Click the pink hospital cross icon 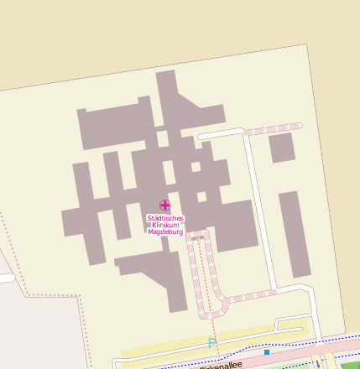164,205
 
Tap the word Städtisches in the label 164,218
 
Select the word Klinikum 164,225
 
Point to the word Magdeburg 164,232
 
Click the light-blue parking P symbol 211,342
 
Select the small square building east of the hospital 281,148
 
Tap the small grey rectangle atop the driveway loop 199,238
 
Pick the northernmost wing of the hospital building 165,88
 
